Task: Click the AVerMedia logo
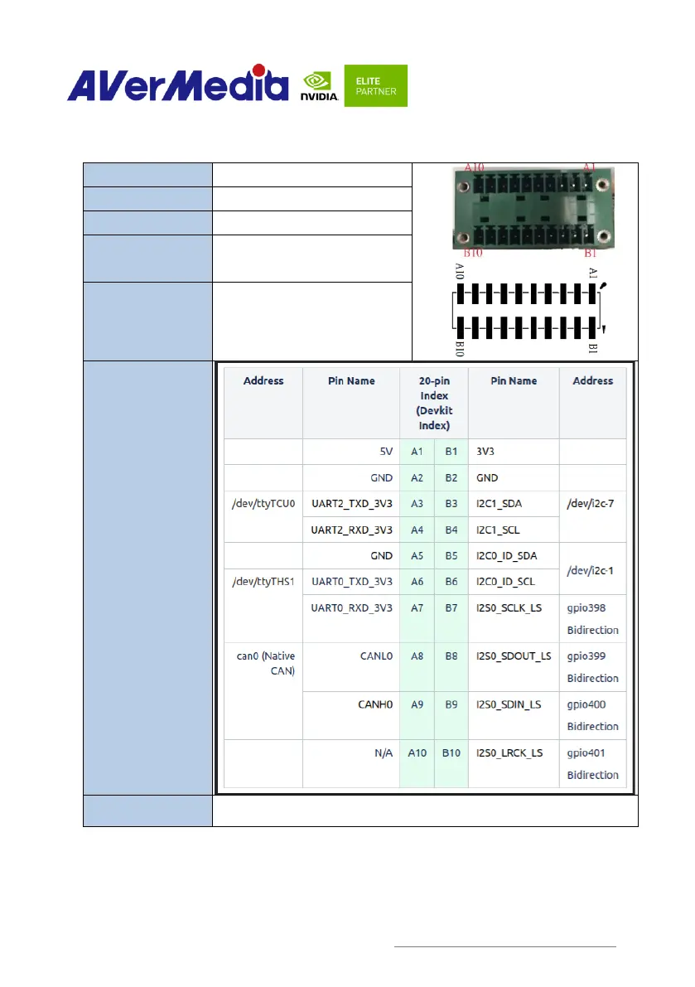pos(177,85)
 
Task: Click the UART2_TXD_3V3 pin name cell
pos(352,503)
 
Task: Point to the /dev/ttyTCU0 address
pos(263,503)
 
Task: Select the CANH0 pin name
pos(375,704)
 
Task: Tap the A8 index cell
pos(417,655)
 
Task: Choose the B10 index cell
pos(451,753)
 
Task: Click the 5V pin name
pos(384,452)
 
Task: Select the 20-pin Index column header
pos(434,403)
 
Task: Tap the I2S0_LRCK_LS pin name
pos(509,753)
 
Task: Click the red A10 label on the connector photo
pos(475,167)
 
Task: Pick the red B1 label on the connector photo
pos(590,254)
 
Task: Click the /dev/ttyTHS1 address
pos(263,581)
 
